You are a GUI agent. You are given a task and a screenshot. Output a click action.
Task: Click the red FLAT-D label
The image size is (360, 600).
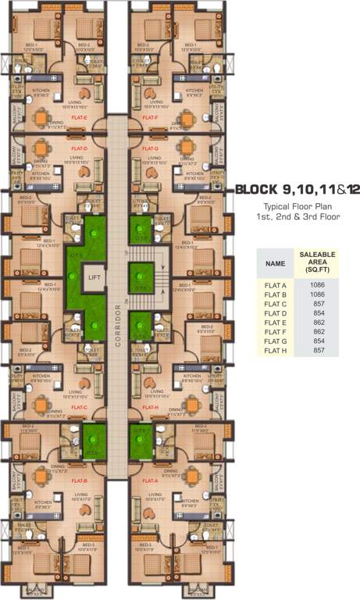pyautogui.click(x=79, y=148)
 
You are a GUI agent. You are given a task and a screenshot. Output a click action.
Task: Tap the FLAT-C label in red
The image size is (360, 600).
pyautogui.click(x=79, y=407)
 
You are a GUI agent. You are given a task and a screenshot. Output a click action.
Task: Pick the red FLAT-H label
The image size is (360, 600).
pyautogui.click(x=151, y=407)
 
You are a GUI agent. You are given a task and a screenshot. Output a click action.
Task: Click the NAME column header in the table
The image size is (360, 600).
pyautogui.click(x=275, y=264)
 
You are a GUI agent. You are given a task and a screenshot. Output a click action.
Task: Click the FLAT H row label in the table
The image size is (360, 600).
pyautogui.click(x=275, y=350)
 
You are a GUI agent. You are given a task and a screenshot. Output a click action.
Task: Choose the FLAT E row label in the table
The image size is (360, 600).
pyautogui.click(x=275, y=323)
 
